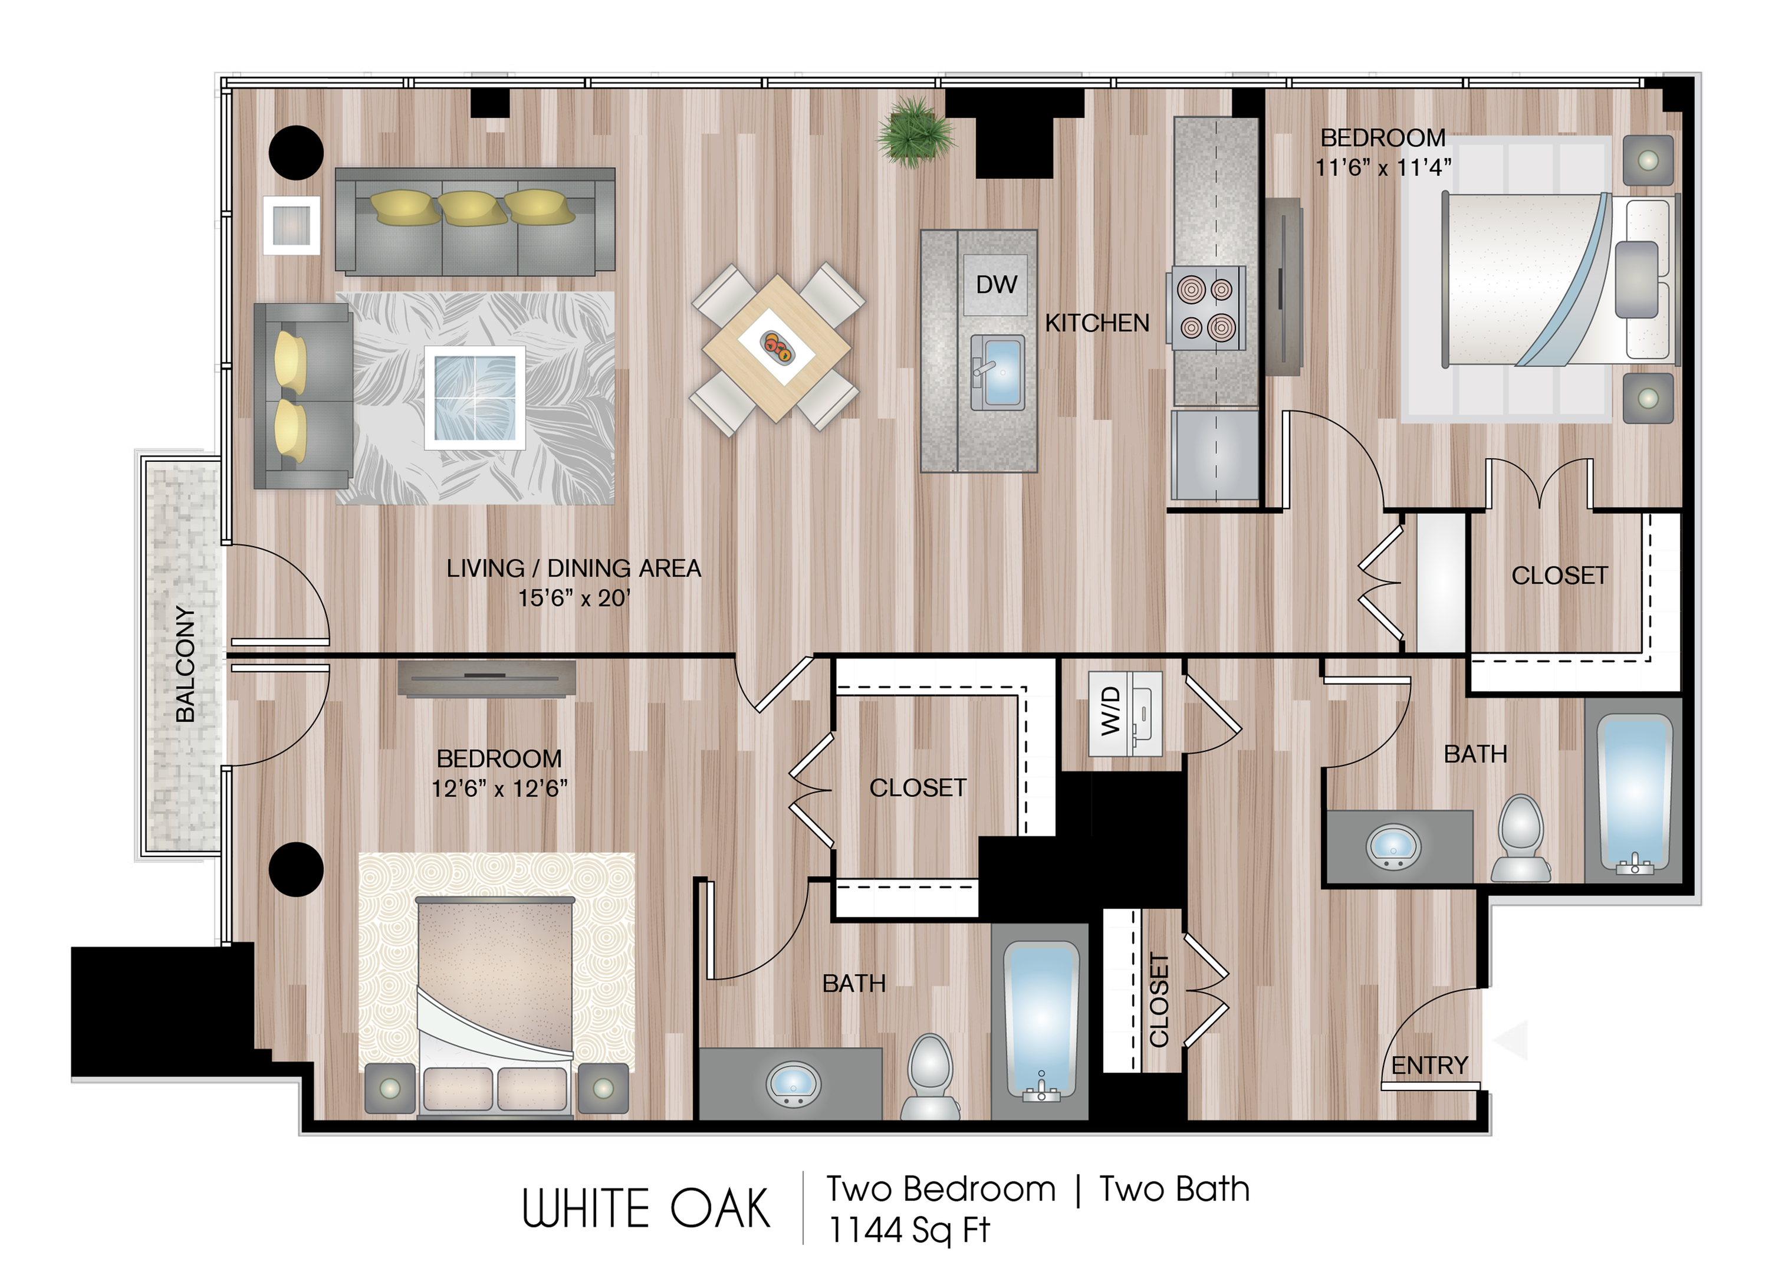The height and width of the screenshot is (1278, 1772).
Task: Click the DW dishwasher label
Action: coord(996,285)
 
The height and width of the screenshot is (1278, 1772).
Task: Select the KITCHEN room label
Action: coord(1097,323)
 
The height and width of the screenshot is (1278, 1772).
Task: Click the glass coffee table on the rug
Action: coord(474,397)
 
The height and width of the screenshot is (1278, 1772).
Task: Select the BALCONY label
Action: coord(185,663)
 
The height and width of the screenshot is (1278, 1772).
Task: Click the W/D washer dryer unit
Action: coord(1126,713)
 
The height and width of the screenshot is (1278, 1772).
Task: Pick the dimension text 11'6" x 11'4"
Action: coord(1383,167)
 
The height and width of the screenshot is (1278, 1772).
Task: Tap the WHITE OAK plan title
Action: coord(646,1208)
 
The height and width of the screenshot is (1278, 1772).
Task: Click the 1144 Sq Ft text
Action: coord(909,1230)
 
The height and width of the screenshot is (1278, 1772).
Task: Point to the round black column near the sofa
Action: coord(296,152)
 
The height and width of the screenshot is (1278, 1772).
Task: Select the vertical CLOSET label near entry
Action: coord(1159,1000)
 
